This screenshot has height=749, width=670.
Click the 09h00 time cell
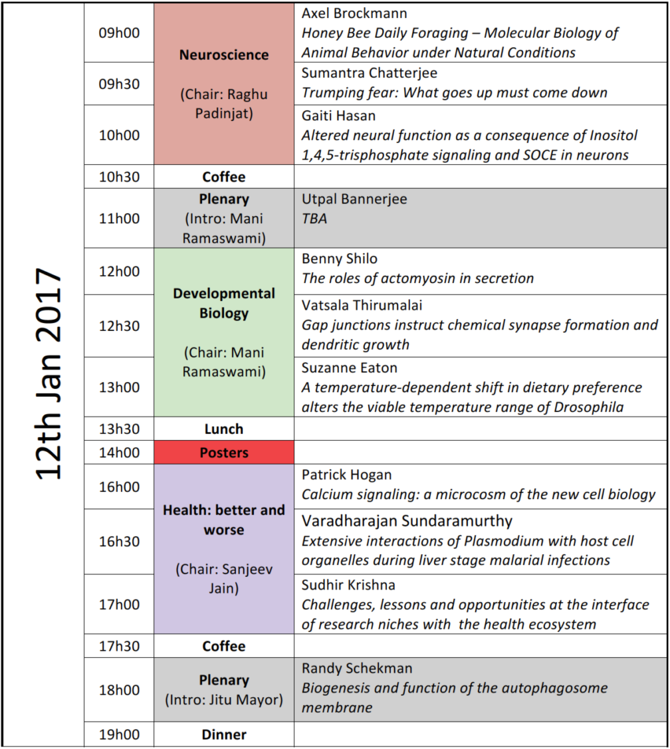[119, 33]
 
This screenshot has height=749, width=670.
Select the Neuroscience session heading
[223, 55]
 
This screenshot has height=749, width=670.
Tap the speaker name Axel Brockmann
[354, 13]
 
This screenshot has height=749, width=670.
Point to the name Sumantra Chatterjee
[370, 72]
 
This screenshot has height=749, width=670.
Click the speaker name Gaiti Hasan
[338, 116]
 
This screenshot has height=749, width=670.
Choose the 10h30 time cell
[119, 177]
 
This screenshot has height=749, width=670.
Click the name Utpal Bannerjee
[354, 199]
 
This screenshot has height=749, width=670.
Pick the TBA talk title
[314, 218]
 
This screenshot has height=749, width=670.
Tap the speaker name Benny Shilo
[340, 259]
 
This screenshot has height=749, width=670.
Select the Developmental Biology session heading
[223, 303]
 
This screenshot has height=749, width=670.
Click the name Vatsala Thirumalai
[362, 305]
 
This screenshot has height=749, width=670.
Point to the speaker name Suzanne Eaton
[350, 368]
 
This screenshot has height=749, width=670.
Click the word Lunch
[223, 429]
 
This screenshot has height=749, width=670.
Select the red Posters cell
[223, 453]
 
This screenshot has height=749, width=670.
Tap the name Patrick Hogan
[347, 475]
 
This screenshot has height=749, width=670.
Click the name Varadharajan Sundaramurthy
[407, 520]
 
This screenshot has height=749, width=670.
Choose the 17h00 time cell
[119, 604]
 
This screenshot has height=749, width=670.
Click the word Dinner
[223, 734]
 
